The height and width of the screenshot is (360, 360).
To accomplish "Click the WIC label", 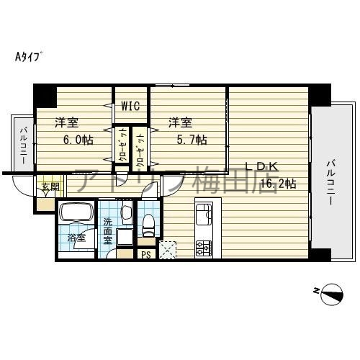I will [130, 107].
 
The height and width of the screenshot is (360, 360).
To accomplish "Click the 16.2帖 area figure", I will [279, 184].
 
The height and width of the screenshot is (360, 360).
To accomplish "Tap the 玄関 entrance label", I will [50, 188].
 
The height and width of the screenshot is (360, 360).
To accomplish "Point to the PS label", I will [146, 253].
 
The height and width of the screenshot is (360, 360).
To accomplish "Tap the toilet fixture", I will [149, 225].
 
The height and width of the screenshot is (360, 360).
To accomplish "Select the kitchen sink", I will [202, 214].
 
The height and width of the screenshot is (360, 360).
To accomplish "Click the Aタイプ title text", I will [28, 56].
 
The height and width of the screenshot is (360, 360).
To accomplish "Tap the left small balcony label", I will [23, 145].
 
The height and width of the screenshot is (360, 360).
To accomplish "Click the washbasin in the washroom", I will [126, 212].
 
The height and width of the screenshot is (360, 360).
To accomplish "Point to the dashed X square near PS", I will [170, 250].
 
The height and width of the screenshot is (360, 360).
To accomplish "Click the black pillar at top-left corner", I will [45, 94].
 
